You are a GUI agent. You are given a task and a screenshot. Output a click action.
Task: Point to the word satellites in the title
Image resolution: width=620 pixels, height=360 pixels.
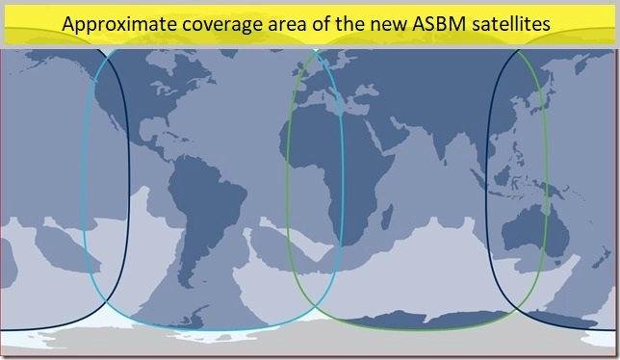513,24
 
